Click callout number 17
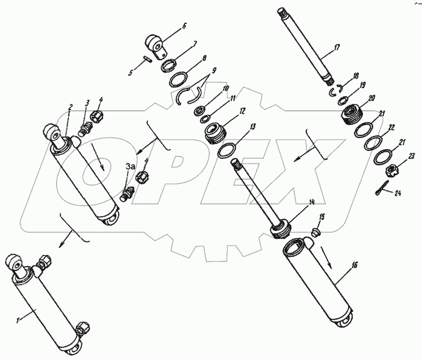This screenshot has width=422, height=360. tap(337, 48)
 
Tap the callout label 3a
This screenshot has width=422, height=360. tap(130, 167)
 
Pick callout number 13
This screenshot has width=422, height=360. tap(253, 127)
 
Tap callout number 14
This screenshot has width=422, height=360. tap(312, 201)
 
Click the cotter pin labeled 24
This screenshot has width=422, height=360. tap(383, 187)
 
